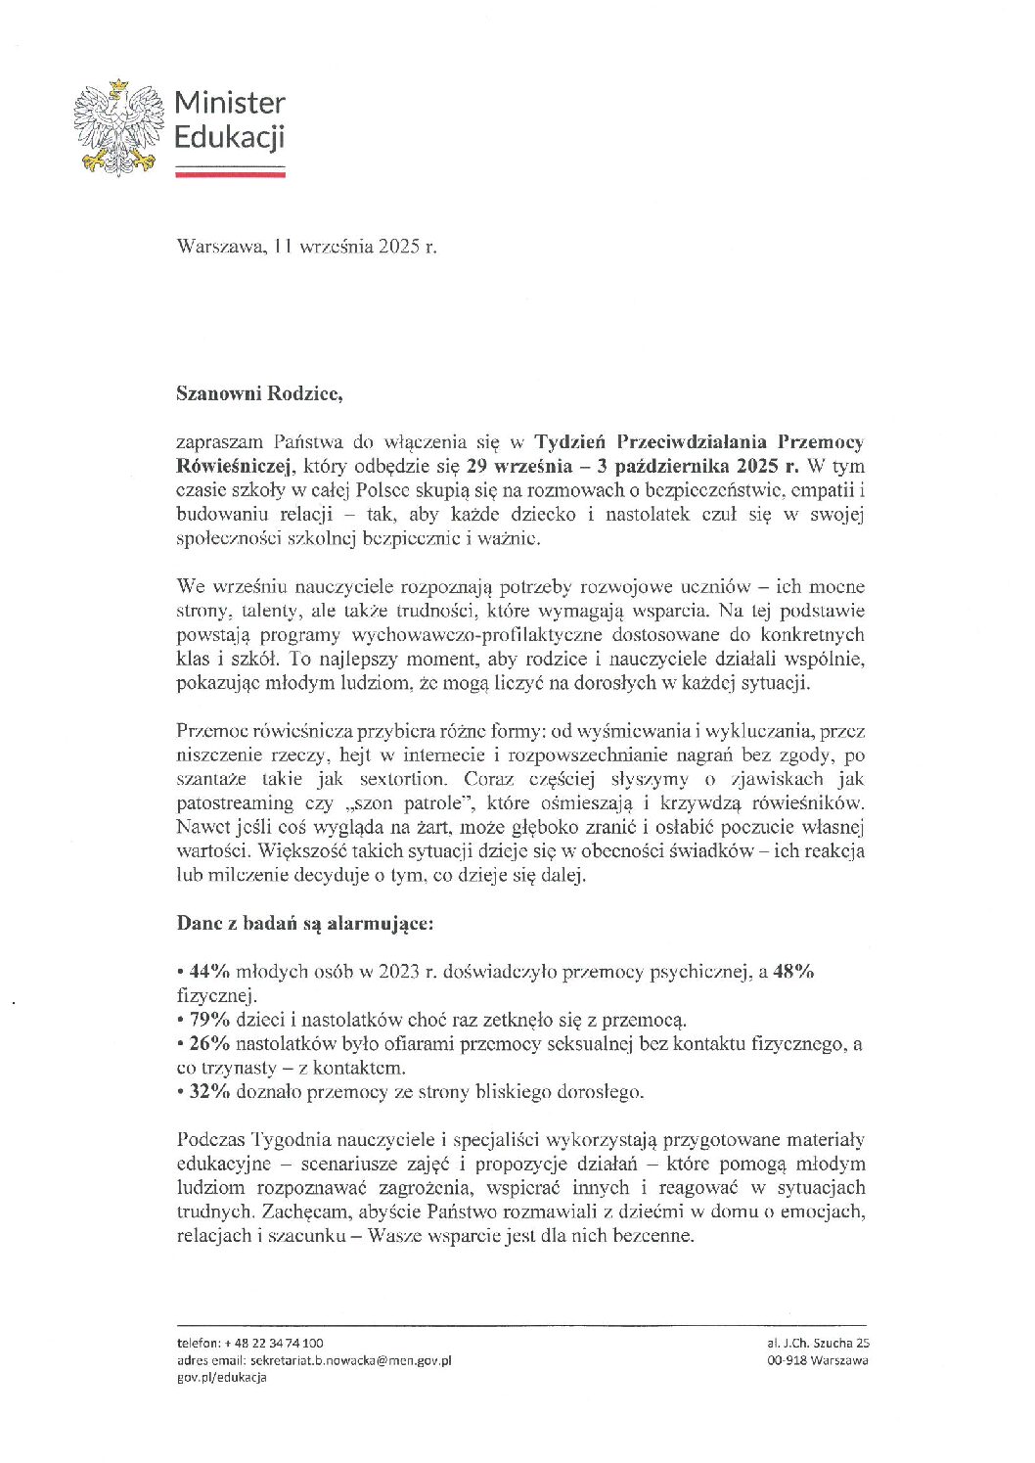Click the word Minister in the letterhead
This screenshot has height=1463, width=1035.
point(230,103)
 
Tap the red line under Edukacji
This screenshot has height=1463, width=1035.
point(230,172)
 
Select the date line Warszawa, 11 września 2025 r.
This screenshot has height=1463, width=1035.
point(306,247)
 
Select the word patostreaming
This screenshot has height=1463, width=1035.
point(235,802)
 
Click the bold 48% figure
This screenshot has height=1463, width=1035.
point(793,972)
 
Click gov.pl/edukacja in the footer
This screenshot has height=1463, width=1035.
point(221,1377)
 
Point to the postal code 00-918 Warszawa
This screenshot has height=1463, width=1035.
point(818,1360)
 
